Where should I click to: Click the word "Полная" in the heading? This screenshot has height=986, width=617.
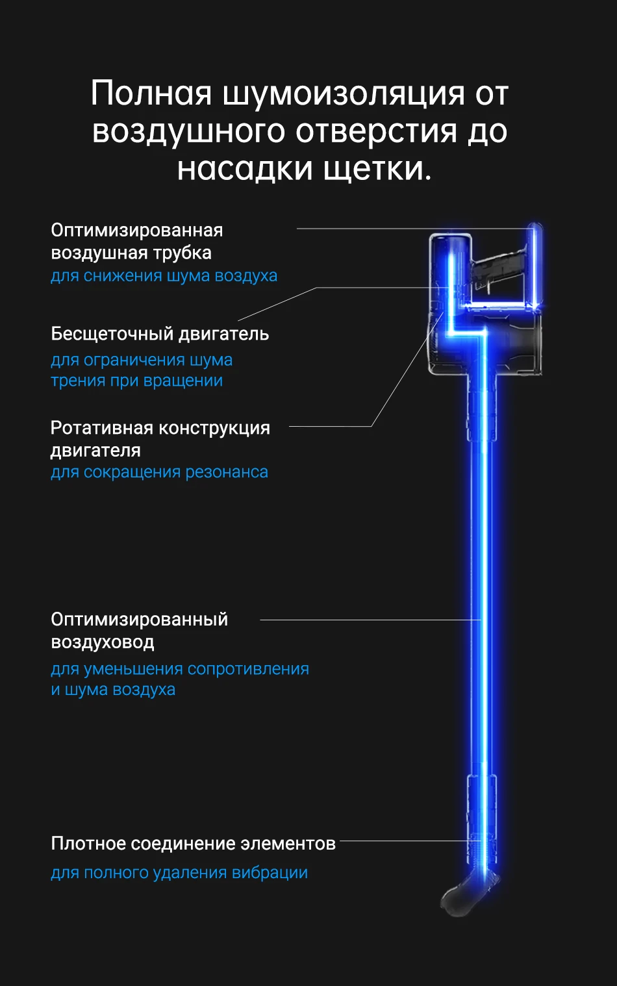[151, 94]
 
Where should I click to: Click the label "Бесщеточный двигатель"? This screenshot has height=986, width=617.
[160, 334]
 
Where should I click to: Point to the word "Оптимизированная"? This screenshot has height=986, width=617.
[137, 231]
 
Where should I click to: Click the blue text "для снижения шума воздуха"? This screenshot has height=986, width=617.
[164, 276]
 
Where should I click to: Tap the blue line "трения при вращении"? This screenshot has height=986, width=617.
[136, 381]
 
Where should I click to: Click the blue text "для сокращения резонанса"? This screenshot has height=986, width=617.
[159, 472]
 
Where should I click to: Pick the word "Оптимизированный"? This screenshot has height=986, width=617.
[140, 620]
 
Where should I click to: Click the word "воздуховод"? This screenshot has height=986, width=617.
[103, 642]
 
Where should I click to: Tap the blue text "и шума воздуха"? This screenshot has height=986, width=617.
[113, 690]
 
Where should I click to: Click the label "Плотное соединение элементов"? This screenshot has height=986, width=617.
[193, 844]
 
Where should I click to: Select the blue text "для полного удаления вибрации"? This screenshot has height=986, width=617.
[179, 873]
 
